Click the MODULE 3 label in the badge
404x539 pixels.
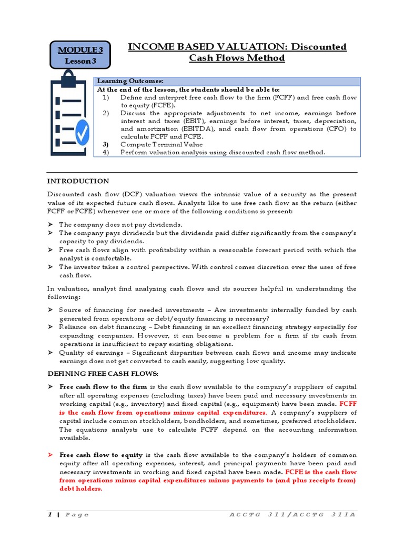click(80, 49)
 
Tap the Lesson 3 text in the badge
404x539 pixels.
click(80, 61)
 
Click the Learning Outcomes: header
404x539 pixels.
click(130, 81)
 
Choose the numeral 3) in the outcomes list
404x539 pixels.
click(106, 144)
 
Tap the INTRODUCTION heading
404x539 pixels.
click(78, 181)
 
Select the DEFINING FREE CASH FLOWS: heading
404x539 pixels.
click(103, 373)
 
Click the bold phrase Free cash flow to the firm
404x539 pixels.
click(103, 387)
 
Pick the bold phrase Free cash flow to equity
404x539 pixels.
click(101, 455)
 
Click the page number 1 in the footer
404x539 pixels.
click(49, 514)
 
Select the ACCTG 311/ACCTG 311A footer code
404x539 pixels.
click(292, 514)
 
